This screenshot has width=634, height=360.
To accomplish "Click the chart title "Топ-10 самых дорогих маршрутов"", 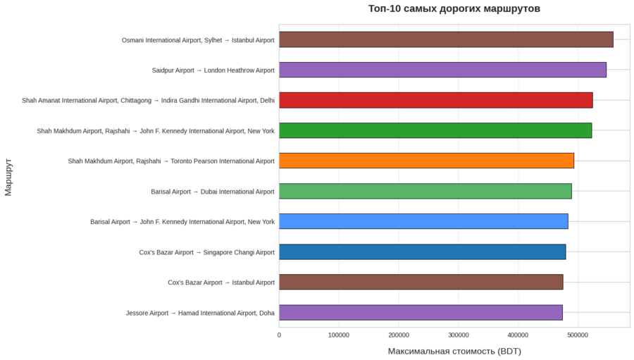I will point(454,9).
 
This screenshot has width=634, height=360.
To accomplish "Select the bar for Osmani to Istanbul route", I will point(446,39).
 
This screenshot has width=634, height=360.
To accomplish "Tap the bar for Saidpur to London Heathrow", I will point(442,70).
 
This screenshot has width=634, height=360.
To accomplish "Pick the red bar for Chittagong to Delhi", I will point(435,100).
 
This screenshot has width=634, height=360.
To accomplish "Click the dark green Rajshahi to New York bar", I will point(435,130).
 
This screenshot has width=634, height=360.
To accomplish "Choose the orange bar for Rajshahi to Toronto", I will point(426,161).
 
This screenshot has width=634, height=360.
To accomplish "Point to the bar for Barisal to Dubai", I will point(425,191).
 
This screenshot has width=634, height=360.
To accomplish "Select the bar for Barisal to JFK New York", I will point(423,221).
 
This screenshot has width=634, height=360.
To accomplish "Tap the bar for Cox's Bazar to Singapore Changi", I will point(422,252).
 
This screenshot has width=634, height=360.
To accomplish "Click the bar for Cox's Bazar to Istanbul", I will point(421,282).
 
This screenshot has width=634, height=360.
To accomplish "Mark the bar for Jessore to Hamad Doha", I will point(421,312).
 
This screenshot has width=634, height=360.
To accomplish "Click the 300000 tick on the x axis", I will point(459,335).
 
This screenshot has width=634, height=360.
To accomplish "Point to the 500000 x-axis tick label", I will point(578,335).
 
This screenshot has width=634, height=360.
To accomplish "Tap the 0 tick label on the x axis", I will point(279,335).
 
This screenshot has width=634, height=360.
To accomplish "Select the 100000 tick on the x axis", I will point(339,335).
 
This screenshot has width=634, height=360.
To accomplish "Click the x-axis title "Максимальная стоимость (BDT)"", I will point(454,351).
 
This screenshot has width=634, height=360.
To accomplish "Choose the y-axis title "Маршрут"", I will point(8,177).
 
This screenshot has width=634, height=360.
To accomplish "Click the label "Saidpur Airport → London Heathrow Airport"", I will point(213,70).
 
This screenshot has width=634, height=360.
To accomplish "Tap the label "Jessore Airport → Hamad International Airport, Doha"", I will point(200,313).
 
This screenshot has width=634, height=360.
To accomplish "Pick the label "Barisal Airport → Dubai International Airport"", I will point(212,192).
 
